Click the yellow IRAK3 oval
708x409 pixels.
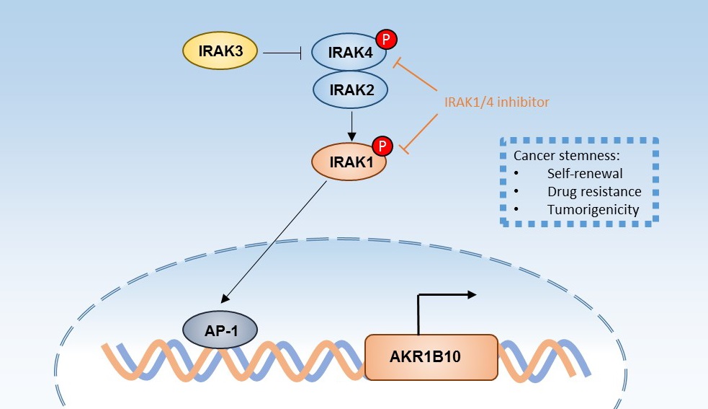219,52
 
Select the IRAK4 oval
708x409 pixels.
349,52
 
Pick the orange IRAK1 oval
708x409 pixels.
349,161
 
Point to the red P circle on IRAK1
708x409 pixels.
382,146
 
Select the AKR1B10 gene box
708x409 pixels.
431,357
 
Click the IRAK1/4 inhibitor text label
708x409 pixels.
496,102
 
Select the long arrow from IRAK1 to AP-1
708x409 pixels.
274,241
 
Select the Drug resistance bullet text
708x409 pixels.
593,192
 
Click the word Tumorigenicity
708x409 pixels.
592,210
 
